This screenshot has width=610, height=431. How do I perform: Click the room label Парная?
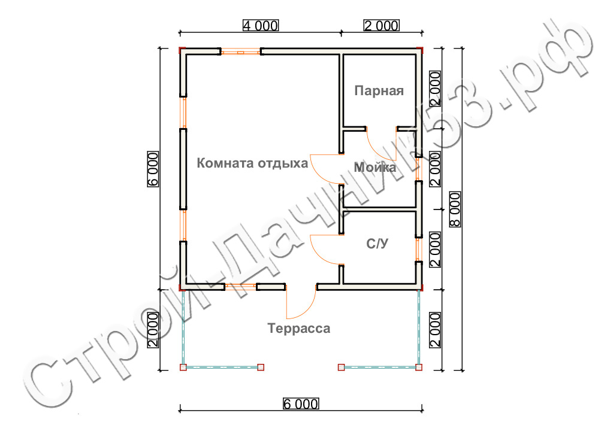coord(379,91)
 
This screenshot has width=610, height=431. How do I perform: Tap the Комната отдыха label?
coord(252,163)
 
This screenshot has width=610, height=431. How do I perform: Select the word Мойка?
coord(375,167)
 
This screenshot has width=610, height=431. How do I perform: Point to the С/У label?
coord(377,243)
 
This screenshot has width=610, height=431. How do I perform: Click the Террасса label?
coord(299,329)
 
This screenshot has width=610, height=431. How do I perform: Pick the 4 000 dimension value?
coord(261,26)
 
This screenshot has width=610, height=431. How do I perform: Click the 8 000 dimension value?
coord(455,209)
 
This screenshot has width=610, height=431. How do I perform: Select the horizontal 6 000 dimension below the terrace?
coord(301,404)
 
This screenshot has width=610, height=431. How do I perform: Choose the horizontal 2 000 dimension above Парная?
coord(381,26)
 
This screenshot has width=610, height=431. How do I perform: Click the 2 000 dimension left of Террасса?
coord(153,330)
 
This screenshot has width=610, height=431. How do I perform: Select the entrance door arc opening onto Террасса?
coord(307,309)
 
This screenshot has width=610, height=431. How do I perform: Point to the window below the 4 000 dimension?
coord(241,51)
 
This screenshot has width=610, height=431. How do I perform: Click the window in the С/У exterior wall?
coord(419,249)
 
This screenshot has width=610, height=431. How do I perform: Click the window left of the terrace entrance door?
coord(240,287)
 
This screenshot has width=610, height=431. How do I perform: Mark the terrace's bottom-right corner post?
coord(419,368)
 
